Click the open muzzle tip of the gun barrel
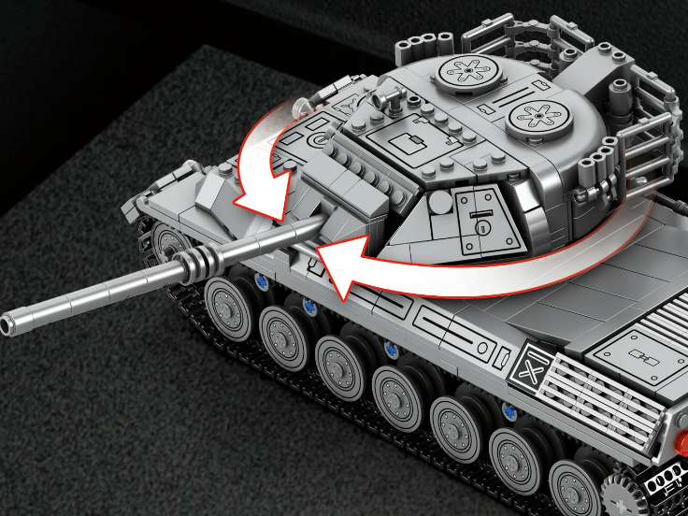tap(8, 324)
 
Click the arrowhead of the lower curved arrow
tap(320, 257)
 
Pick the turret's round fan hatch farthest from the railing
tap(466, 69)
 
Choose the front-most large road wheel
tap(225, 303)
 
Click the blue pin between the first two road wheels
tap(260, 284)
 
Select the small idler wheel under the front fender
tap(171, 242)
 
